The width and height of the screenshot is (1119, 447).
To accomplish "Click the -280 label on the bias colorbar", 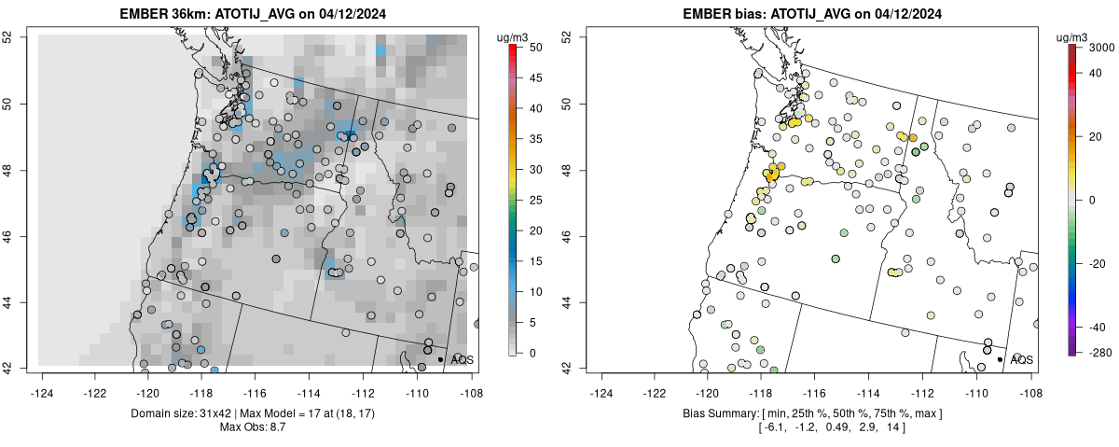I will pos(1097,352).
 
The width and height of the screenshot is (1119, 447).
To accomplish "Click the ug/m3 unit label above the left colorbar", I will pos(514,36).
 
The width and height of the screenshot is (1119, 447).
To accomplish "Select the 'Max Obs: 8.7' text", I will pos(257,426).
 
